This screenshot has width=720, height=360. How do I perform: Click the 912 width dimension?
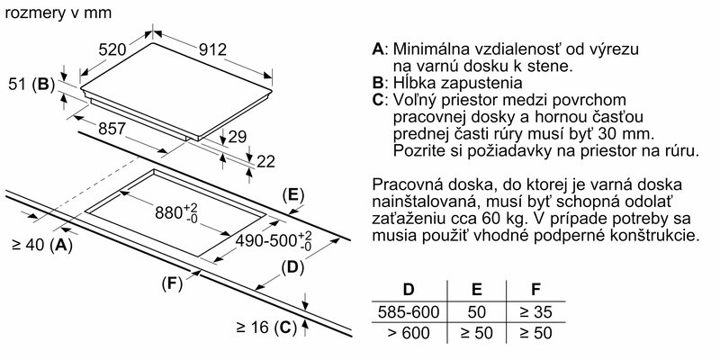click(x=212, y=49)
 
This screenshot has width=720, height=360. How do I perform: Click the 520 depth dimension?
click(x=113, y=49)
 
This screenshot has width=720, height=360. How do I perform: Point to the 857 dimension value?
click(x=111, y=129)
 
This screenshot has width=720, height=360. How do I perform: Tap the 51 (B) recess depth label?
click(x=31, y=85)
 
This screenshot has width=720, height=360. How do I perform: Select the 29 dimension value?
click(x=237, y=137)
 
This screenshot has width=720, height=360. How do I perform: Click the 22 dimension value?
click(x=265, y=161)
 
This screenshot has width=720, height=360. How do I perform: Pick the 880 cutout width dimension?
click(x=176, y=213)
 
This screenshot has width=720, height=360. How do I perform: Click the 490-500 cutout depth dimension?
click(x=274, y=240)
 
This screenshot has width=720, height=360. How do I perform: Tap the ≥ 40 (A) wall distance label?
click(x=42, y=245)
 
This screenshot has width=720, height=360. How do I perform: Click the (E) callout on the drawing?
click(x=293, y=195)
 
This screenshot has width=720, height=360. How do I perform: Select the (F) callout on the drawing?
click(x=173, y=284)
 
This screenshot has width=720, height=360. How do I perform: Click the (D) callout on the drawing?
click(x=292, y=267)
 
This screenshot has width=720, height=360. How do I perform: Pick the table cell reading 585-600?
click(x=409, y=312)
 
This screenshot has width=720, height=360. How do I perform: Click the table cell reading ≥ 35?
click(x=535, y=312)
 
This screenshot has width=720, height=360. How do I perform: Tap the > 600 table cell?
click(x=409, y=332)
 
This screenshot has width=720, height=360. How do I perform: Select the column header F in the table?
click(x=535, y=289)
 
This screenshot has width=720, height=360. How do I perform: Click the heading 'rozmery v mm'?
click(x=58, y=13)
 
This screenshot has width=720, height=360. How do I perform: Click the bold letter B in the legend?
click(x=378, y=83)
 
